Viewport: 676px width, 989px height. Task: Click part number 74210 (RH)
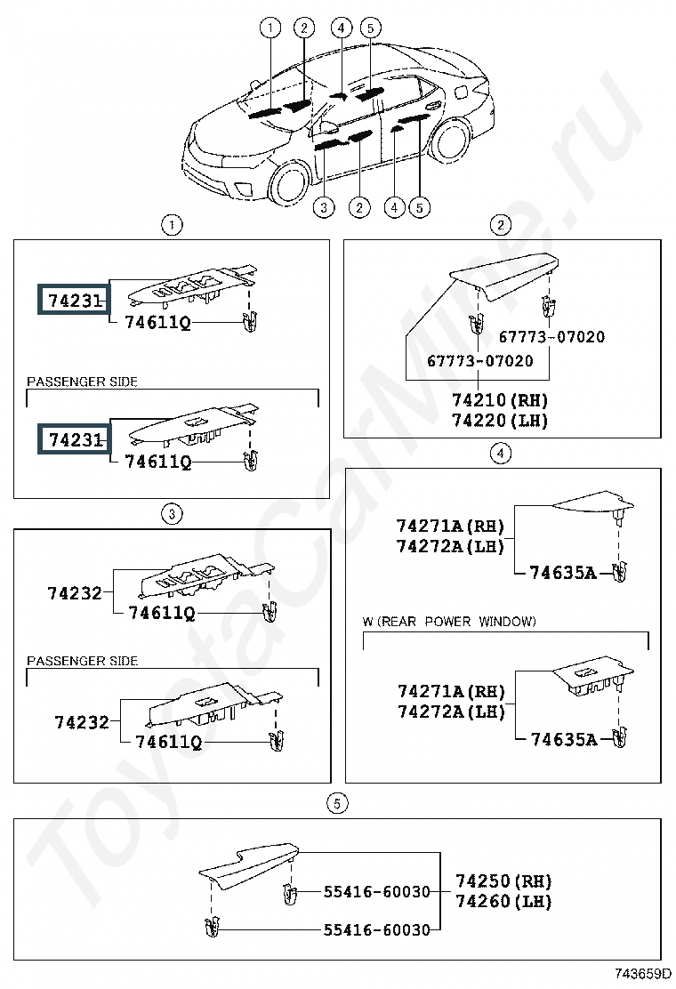(x=500, y=400)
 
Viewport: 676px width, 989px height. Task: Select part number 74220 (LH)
(x=500, y=420)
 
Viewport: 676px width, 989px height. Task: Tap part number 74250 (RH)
(x=503, y=880)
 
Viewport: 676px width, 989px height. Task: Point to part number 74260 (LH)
(x=503, y=901)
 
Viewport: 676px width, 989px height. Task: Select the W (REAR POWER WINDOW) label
(x=449, y=622)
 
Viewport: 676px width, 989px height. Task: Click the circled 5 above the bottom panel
(x=337, y=803)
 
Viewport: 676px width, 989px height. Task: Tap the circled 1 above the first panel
(x=172, y=224)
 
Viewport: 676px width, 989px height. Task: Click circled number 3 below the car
(x=324, y=207)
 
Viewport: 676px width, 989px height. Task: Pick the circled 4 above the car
(x=342, y=28)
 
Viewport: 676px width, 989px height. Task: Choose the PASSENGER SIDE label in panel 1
(x=82, y=382)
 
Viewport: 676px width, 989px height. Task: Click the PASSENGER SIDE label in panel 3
(x=82, y=661)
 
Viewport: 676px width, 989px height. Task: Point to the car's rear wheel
(x=450, y=140)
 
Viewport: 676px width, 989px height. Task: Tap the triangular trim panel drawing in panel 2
(x=503, y=275)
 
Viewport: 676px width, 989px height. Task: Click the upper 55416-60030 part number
(x=376, y=891)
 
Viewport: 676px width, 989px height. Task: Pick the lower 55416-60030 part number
(x=376, y=929)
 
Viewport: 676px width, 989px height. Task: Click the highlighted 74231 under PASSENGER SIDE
(x=75, y=439)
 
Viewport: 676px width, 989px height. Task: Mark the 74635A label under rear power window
(x=564, y=738)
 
